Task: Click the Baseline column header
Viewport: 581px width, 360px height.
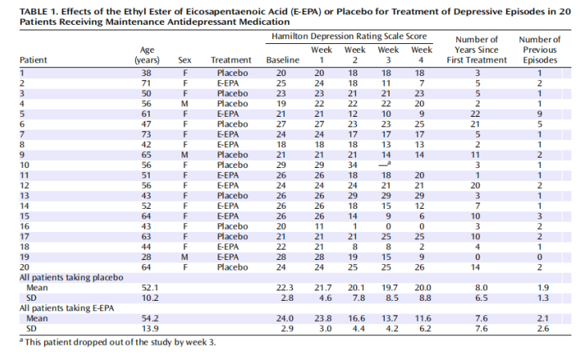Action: [282, 60]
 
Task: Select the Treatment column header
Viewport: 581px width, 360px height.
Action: [230, 60]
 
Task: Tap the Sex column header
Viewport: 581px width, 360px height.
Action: [185, 60]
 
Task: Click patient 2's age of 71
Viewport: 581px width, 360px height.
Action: [146, 83]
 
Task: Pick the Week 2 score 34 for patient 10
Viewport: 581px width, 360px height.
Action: [352, 165]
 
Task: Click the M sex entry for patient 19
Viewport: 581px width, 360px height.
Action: [185, 257]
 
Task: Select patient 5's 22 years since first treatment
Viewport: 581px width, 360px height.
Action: [475, 114]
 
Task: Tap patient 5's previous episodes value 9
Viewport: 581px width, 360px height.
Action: [539, 114]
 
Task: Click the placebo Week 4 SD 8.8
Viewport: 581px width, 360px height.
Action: [425, 298]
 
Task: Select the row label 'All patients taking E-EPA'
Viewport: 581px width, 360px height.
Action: [66, 308]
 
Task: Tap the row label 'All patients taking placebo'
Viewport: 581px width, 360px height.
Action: [71, 278]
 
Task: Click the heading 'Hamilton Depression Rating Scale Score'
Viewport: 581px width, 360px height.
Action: [349, 36]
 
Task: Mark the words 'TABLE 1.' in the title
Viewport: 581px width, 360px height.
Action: [39, 11]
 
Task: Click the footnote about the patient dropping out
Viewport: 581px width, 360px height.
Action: [118, 342]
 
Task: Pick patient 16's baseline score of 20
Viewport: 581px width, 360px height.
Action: [281, 226]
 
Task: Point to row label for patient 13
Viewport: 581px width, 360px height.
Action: [24, 196]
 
